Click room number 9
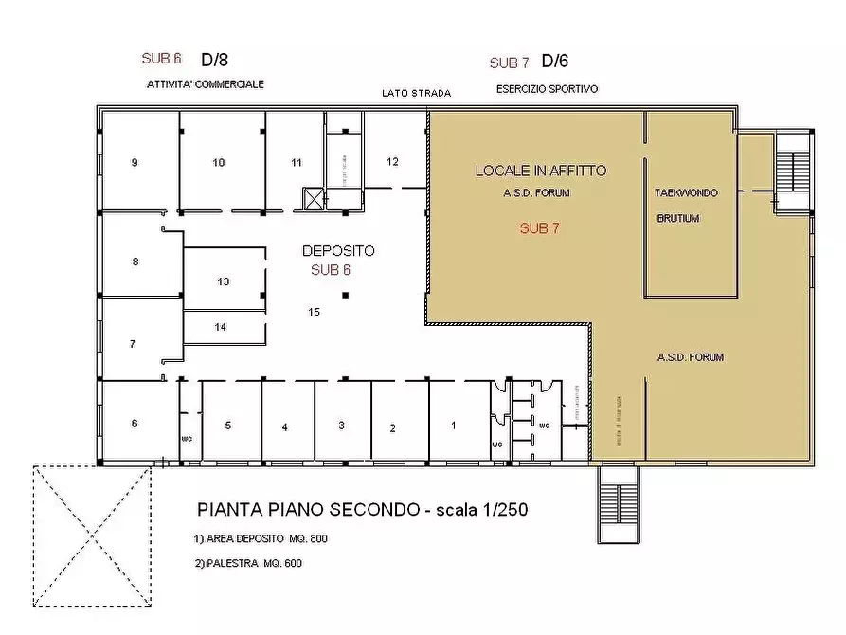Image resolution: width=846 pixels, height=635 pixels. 135,163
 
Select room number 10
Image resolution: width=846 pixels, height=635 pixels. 219,163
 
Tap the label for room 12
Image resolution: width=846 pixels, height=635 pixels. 392,161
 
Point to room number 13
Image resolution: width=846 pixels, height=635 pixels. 224,281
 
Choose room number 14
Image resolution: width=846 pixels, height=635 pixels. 221,327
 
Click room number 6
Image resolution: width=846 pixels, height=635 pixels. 135,424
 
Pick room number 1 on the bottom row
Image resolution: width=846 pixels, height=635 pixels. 453,426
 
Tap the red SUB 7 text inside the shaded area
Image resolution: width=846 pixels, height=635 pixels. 539,228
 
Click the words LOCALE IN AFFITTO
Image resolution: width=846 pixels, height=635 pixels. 540,172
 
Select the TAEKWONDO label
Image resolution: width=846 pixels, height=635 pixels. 686,193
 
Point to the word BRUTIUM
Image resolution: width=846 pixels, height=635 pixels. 678,218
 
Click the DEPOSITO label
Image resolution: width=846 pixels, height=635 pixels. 338,251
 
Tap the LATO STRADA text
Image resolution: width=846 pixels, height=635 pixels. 416,93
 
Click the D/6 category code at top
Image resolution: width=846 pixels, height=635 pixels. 554,62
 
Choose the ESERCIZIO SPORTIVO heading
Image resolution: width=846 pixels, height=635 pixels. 547,89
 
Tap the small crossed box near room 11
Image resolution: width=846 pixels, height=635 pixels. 314,198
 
